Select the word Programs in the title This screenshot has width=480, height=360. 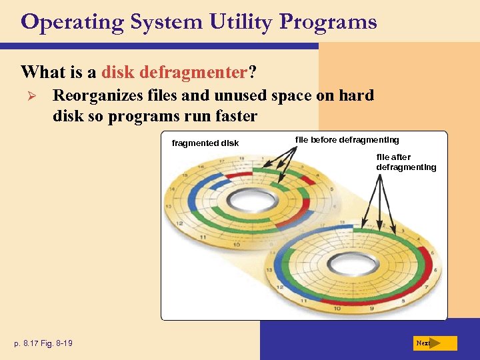click(x=328, y=22)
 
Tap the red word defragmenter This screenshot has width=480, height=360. click(x=175, y=71)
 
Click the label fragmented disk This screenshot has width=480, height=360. click(x=205, y=143)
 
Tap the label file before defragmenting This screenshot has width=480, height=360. click(x=347, y=139)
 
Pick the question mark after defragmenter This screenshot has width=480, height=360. click(x=253, y=71)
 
